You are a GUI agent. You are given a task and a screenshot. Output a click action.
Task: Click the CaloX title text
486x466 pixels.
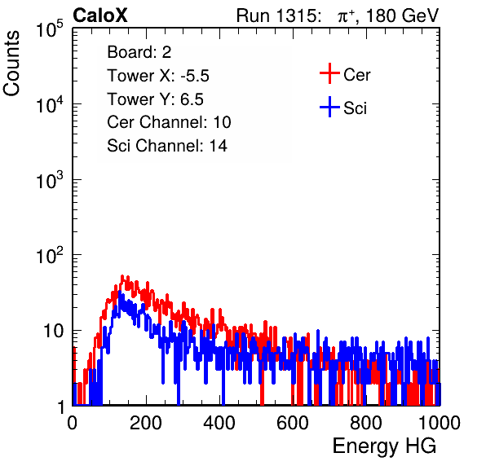pyautogui.click(x=100, y=15)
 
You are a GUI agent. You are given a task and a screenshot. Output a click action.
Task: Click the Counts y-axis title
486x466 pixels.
pyautogui.click(x=11, y=64)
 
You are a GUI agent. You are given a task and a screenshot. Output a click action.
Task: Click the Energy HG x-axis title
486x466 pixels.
pyautogui.click(x=384, y=446)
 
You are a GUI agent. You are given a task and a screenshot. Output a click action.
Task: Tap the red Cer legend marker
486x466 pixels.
pyautogui.click(x=329, y=73)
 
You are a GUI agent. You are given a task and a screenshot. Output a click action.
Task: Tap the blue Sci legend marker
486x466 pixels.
pyautogui.click(x=329, y=107)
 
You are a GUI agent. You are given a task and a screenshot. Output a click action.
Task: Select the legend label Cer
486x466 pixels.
pyautogui.click(x=356, y=75)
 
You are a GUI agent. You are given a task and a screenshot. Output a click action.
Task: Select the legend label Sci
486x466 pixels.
pyautogui.click(x=355, y=108)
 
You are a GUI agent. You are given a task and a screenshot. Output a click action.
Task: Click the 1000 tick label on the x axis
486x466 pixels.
pyautogui.click(x=440, y=423)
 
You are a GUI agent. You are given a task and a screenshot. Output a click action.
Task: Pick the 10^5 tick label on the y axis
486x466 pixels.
pyautogui.click(x=50, y=29)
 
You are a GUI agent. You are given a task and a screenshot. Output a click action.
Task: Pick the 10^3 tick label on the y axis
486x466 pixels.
pyautogui.click(x=50, y=180)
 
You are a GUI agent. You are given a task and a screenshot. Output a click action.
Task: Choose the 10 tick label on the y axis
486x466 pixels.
pyautogui.click(x=53, y=331)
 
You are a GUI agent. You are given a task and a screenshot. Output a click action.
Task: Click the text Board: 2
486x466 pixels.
pyautogui.click(x=139, y=52)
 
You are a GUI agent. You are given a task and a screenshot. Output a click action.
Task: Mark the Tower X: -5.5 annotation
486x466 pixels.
pyautogui.click(x=158, y=76)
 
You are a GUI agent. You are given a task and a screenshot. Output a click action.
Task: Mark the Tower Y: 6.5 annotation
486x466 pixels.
pyautogui.click(x=155, y=99)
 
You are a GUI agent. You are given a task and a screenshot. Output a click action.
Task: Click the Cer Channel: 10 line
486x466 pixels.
pyautogui.click(x=169, y=122)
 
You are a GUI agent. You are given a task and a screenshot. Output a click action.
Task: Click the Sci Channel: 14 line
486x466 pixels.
pyautogui.click(x=167, y=146)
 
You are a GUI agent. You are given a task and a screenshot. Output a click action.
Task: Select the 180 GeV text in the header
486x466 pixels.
pyautogui.click(x=402, y=15)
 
